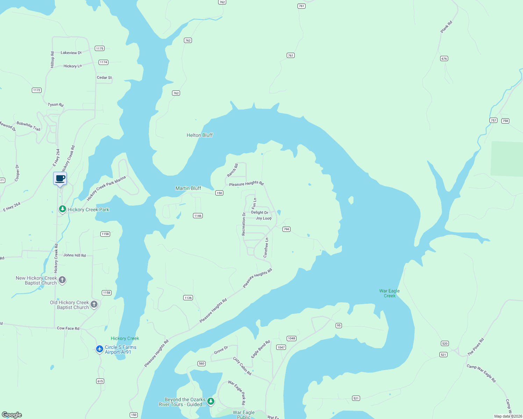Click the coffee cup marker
click(60, 178)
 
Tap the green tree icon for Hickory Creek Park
click(62, 209)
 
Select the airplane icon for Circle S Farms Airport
click(100, 349)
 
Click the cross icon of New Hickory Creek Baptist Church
click(62, 280)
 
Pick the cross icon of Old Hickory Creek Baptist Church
click(94, 304)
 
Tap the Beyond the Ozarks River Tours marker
click(210, 401)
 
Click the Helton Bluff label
click(199, 135)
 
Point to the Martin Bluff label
click(188, 188)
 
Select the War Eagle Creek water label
click(389, 293)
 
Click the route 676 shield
click(444, 59)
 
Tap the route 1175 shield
click(100, 49)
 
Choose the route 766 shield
click(286, 229)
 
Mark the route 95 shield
click(338, 325)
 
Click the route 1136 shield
click(188, 298)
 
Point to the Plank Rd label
click(446, 27)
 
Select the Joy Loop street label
click(264, 218)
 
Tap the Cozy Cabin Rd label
click(242, 366)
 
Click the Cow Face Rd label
click(68, 328)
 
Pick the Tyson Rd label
click(56, 104)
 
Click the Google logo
click(12, 415)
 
